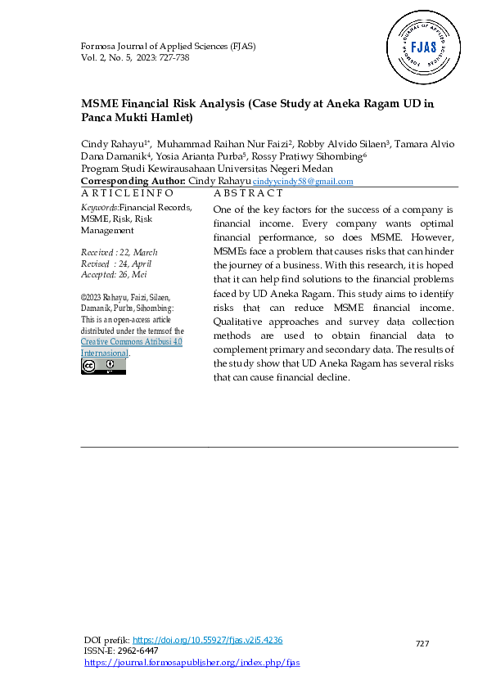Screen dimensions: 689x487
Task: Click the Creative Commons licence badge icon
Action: (x=103, y=367)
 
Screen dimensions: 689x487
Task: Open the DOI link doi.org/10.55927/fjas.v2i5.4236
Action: (x=207, y=640)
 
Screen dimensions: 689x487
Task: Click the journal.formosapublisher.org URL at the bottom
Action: (x=192, y=662)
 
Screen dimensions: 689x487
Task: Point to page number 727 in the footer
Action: (x=422, y=645)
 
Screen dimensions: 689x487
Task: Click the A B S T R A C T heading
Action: (x=248, y=193)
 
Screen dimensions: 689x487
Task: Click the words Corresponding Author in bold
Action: (x=133, y=180)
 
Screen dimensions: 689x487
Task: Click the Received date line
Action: (x=119, y=253)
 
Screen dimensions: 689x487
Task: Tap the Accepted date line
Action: (x=118, y=276)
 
